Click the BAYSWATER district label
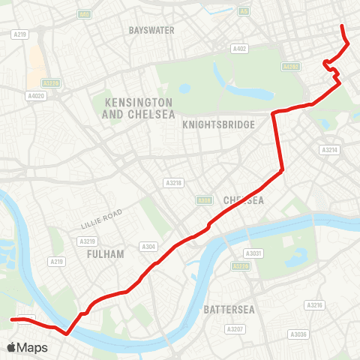[151, 30]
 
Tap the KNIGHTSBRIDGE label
[218, 125]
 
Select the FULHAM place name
[105, 254]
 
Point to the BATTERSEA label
[226, 309]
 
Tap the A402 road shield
[239, 49]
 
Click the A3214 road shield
[330, 150]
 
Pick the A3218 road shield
[173, 182]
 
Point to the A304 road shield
[148, 245]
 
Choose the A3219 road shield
[86, 241]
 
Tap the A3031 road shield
[256, 253]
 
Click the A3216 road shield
[313, 305]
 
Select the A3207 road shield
[235, 329]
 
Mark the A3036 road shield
[299, 334]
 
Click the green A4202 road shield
[292, 67]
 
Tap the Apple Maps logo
[27, 347]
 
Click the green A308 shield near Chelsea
[203, 200]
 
